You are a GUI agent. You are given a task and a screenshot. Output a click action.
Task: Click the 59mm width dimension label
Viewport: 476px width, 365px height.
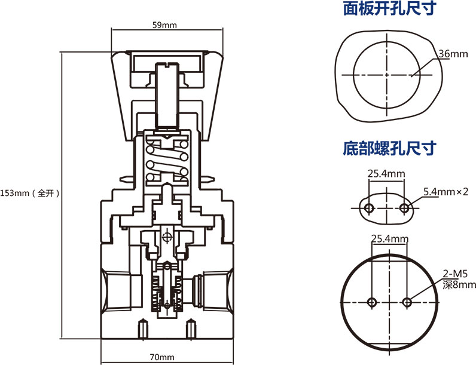pyautogui.click(x=164, y=25)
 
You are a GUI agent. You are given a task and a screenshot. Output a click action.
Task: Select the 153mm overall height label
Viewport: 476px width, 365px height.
pyautogui.click(x=30, y=193)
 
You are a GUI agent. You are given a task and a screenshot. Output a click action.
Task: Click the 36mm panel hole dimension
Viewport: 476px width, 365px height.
pyautogui.click(x=453, y=54)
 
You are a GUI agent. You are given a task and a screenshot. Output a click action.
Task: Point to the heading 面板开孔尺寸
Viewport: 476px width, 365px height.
pyautogui.click(x=389, y=9)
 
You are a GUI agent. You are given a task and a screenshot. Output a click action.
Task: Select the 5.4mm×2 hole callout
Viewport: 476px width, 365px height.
pyautogui.click(x=445, y=192)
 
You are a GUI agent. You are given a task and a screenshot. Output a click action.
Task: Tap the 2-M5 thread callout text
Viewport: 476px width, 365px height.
pyautogui.click(x=454, y=274)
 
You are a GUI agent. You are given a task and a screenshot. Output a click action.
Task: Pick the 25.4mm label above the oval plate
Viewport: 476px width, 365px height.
pyautogui.click(x=386, y=174)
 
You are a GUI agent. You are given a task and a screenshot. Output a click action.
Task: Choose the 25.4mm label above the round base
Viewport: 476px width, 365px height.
pyautogui.click(x=389, y=238)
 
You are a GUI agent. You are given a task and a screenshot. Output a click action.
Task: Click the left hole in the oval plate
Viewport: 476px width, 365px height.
pyautogui.click(x=369, y=208)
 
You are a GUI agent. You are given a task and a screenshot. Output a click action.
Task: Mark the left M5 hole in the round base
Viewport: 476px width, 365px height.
pyautogui.click(x=371, y=301)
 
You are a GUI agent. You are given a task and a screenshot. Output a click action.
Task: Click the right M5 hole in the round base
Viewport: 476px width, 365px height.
pyautogui.click(x=408, y=301)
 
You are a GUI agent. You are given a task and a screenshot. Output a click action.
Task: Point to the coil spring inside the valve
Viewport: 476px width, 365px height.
pyautogui.click(x=167, y=161)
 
